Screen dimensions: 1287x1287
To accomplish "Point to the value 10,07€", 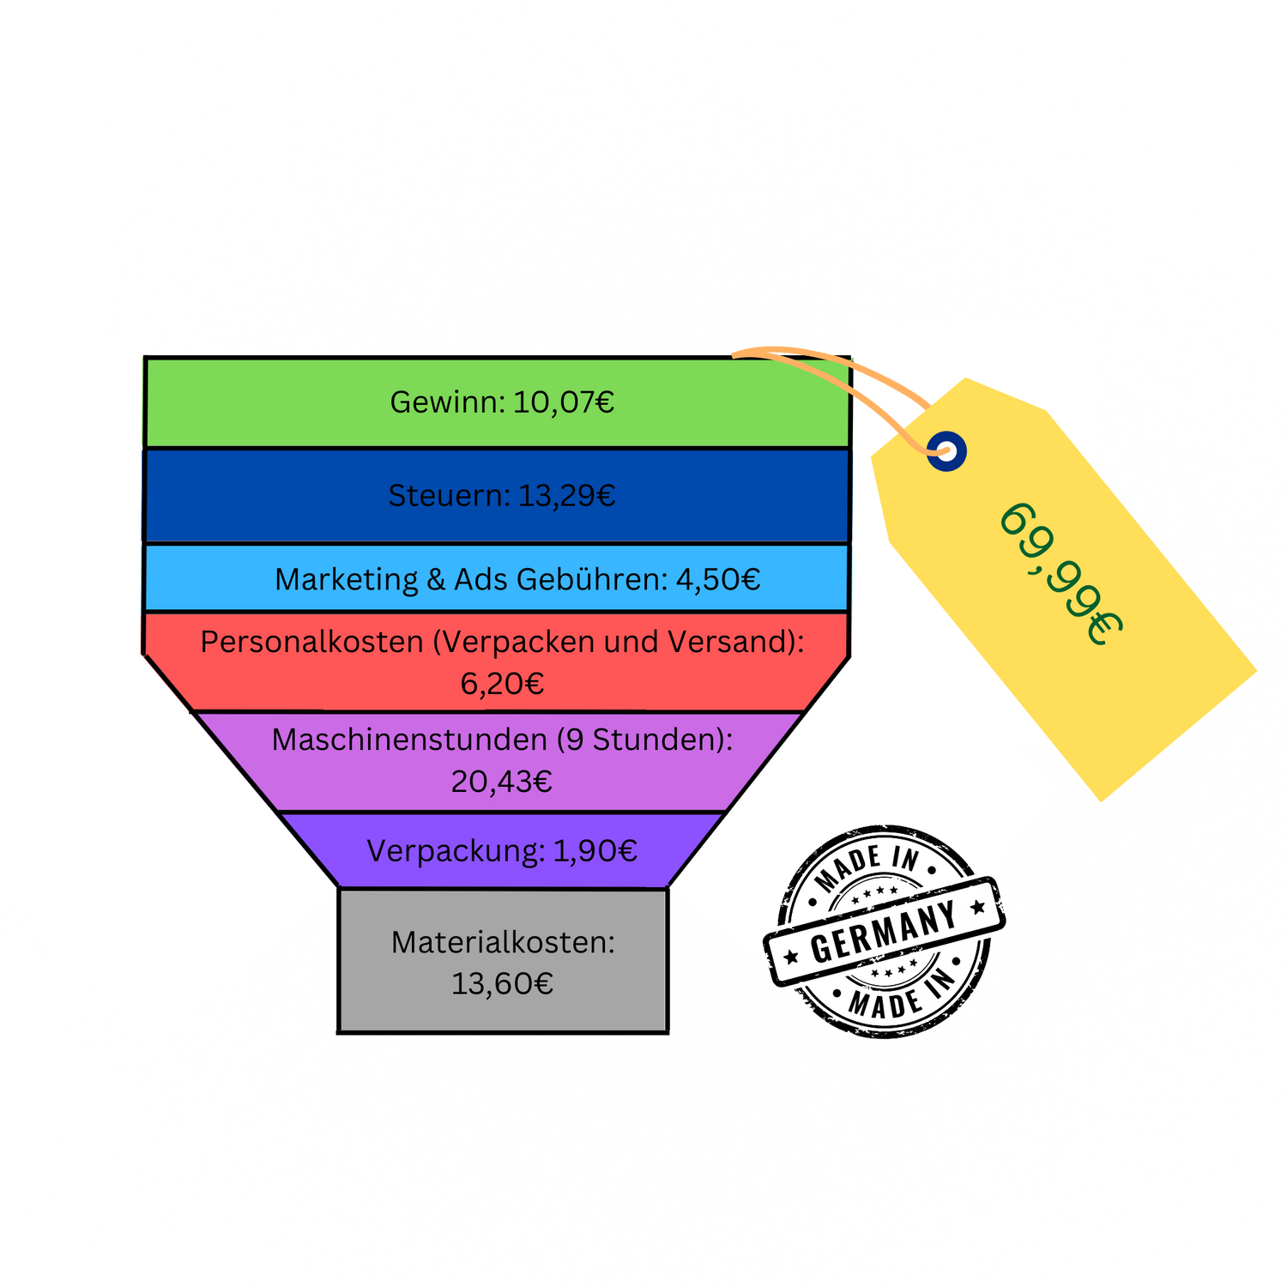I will (x=564, y=402).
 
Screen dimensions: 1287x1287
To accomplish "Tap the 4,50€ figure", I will (x=718, y=579).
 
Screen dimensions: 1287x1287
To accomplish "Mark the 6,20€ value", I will (x=502, y=684).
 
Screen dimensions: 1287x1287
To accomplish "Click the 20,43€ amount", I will (x=502, y=782).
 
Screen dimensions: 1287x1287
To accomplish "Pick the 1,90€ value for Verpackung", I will (x=595, y=850).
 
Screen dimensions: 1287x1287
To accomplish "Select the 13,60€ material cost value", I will (x=502, y=983).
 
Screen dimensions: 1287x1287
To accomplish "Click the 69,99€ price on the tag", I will (x=1060, y=573).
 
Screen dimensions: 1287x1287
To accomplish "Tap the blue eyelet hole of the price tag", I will (x=946, y=450).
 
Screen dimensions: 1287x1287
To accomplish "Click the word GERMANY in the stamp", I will (x=884, y=932).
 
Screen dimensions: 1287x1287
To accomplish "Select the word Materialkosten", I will (x=502, y=942).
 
